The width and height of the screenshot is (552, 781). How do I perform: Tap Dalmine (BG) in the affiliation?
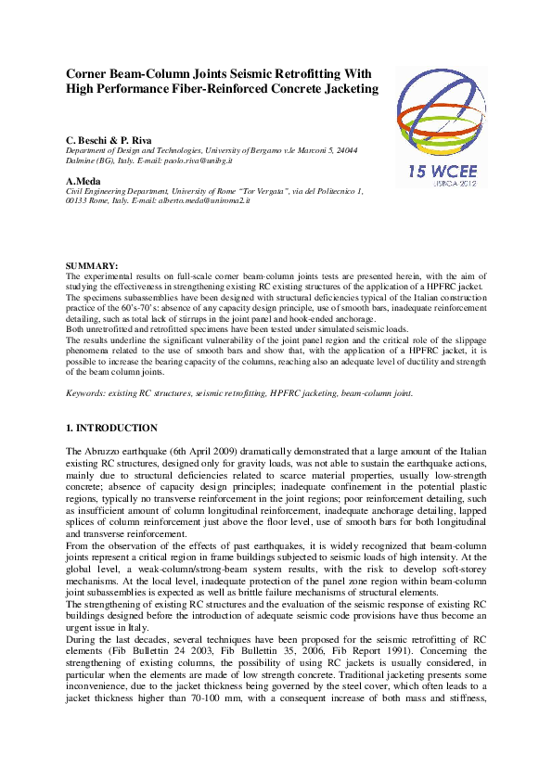93,160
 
